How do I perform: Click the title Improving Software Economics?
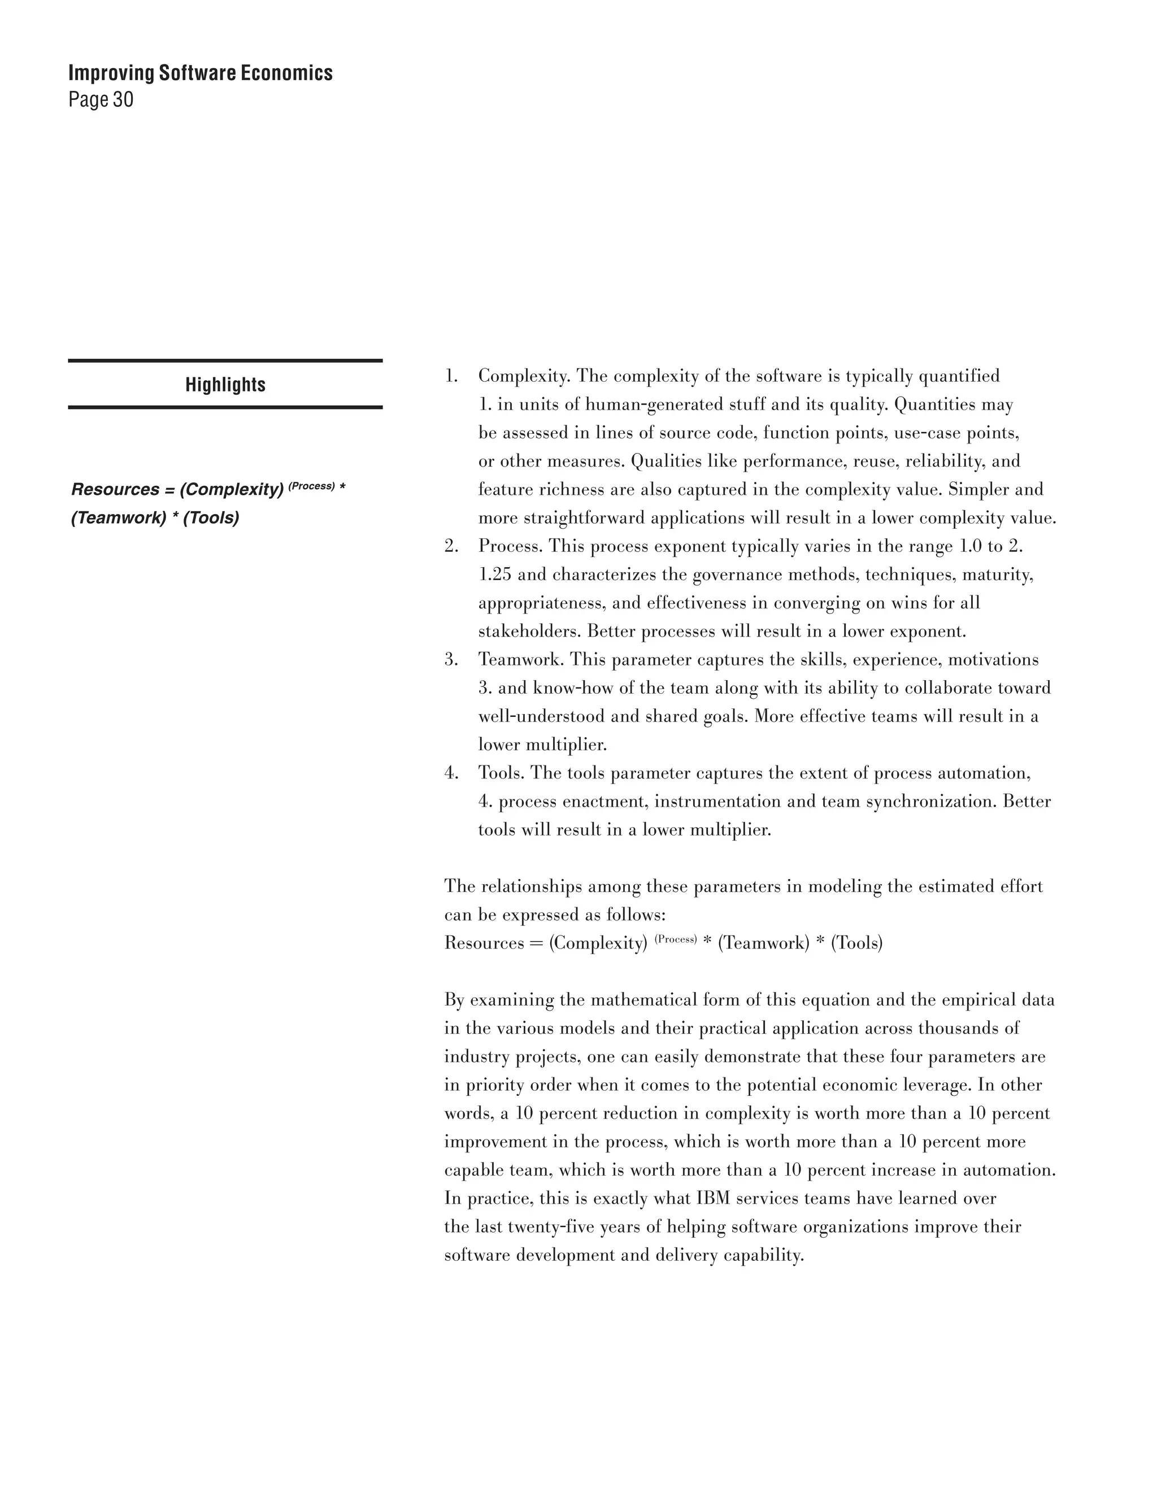200,73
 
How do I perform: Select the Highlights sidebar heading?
225,385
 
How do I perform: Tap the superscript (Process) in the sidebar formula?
311,486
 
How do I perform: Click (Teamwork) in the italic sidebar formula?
119,517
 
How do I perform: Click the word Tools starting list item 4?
499,773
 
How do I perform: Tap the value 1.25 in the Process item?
494,575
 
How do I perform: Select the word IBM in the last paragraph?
712,1198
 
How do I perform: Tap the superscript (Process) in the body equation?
675,939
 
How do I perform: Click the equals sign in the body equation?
536,943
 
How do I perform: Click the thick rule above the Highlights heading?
225,360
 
